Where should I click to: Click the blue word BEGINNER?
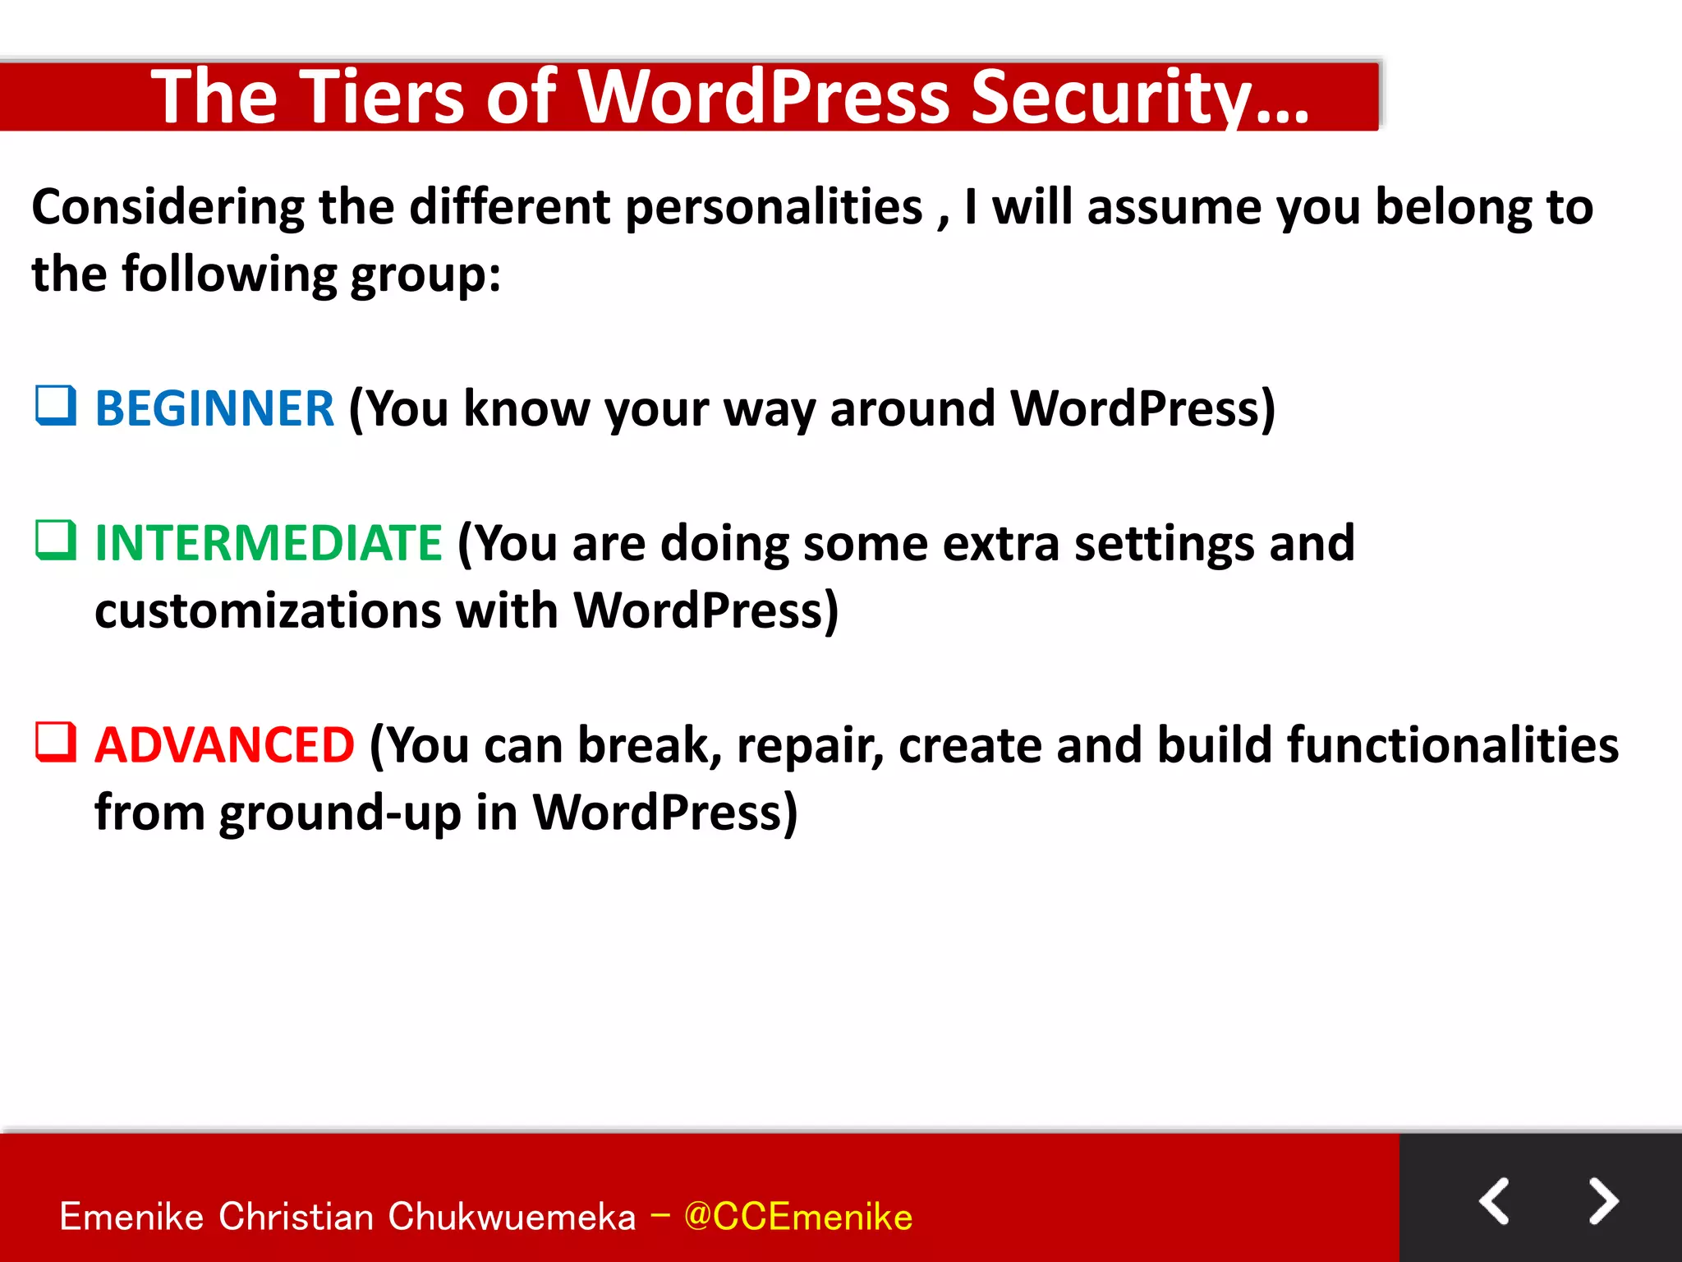pos(214,408)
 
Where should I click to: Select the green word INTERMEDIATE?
pos(269,543)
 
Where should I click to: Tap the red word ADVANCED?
pos(224,745)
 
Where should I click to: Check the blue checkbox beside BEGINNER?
pos(56,406)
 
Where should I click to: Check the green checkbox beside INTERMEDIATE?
pos(56,541)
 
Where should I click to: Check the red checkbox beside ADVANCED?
pos(56,743)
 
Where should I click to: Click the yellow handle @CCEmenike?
pos(797,1217)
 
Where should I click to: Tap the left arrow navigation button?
pos(1495,1201)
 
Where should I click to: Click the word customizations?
pos(268,611)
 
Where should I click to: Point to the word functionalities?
pos(1452,745)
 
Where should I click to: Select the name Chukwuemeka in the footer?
pos(512,1217)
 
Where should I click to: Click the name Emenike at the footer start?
pos(131,1217)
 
